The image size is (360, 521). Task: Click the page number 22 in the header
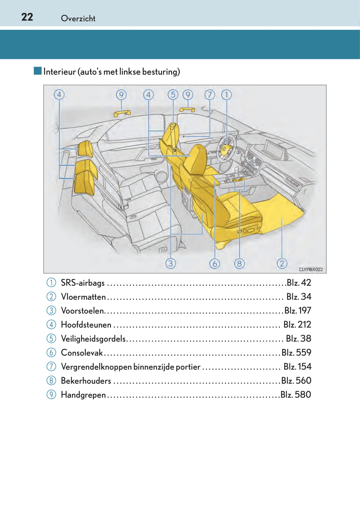pos(27,17)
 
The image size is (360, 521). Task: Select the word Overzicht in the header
pos(78,18)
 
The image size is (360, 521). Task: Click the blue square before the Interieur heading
pos(38,71)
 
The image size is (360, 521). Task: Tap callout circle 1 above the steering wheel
pos(226,94)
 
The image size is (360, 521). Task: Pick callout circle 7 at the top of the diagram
pos(210,94)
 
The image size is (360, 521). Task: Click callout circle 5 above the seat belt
pos(173,94)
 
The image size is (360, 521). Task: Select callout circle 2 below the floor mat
pos(282,263)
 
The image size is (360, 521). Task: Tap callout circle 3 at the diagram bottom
pos(171,263)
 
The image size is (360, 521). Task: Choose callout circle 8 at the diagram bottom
pos(239,263)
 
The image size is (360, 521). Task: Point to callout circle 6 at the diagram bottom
pos(215,263)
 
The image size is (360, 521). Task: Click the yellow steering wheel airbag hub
pos(225,148)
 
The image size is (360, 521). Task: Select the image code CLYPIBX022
pos(311,269)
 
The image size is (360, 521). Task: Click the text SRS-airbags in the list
pos(83,283)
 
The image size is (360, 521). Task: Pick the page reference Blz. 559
pos(296,352)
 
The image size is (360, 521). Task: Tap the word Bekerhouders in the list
pos(86,381)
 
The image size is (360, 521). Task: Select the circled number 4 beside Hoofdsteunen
pos(51,324)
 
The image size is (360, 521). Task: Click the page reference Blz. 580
pos(295,395)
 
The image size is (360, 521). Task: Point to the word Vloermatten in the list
pos(83,297)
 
